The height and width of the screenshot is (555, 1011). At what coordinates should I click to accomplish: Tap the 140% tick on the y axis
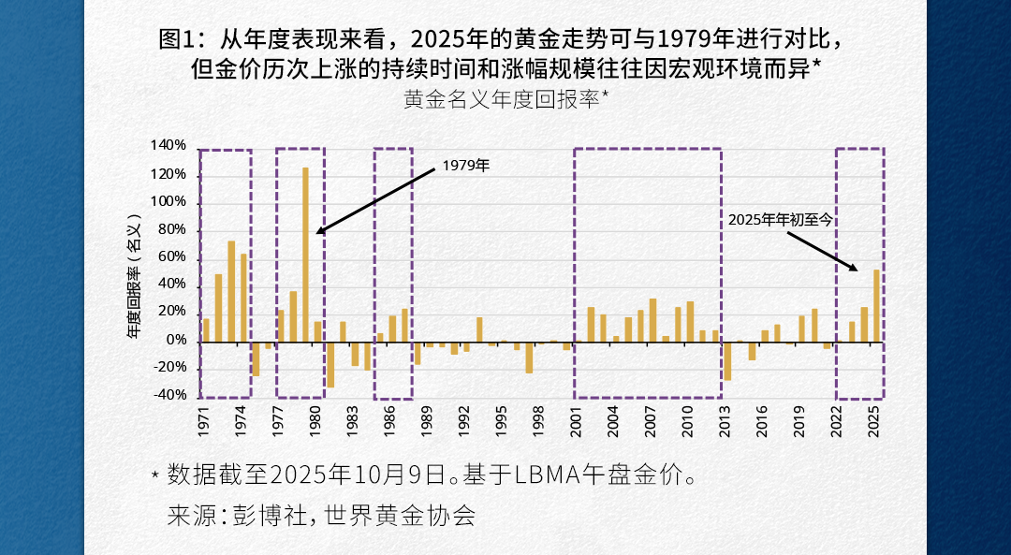[168, 146]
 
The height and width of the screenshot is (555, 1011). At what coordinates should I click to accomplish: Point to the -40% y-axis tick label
[168, 395]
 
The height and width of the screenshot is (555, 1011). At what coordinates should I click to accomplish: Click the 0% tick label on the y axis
[177, 341]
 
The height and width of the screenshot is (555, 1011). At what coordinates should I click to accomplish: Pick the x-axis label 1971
[204, 417]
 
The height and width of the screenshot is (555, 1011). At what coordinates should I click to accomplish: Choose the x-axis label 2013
[726, 417]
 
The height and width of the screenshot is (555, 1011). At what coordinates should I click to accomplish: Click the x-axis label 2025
[875, 417]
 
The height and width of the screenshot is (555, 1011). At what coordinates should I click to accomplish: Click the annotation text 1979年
[465, 166]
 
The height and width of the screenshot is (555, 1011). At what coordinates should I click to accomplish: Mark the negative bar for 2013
[727, 360]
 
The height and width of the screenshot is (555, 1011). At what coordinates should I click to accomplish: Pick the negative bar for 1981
[330, 364]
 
